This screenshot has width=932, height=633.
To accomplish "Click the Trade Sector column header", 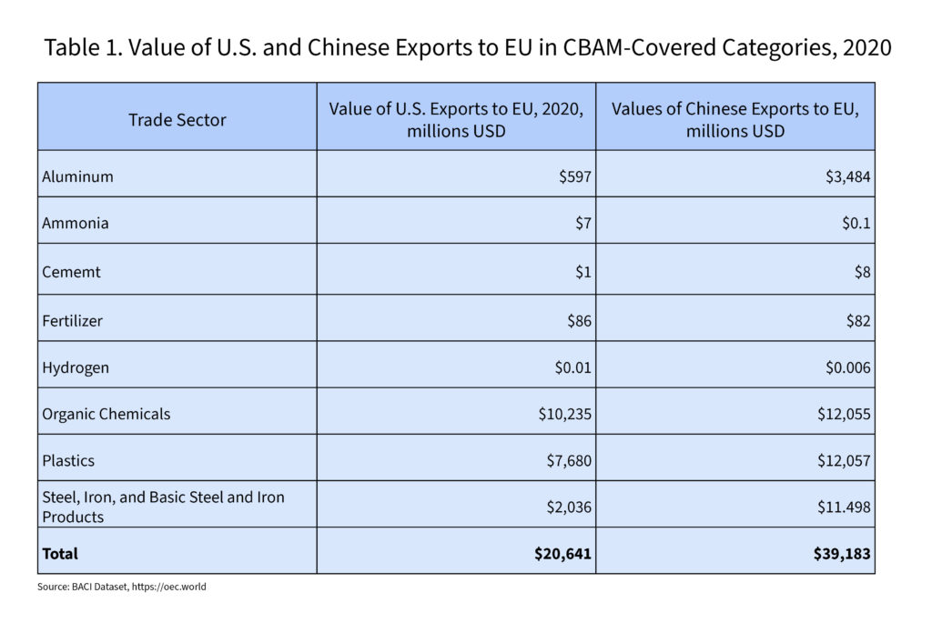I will (x=177, y=119).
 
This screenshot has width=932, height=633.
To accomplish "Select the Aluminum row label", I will (x=78, y=176).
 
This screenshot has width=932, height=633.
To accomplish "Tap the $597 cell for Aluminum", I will (x=575, y=176).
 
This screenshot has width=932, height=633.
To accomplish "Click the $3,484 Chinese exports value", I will (x=846, y=176).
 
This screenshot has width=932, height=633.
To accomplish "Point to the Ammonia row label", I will (x=76, y=223).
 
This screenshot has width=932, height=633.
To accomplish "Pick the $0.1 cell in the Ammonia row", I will (x=856, y=223).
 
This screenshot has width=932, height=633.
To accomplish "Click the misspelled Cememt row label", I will (x=73, y=271).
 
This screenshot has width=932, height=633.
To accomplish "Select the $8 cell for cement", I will (x=863, y=271).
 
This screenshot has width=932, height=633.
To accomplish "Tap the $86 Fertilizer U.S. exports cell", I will (x=580, y=320).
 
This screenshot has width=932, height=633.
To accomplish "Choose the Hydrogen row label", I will (x=76, y=367).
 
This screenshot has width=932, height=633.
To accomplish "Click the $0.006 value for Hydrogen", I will (x=847, y=367).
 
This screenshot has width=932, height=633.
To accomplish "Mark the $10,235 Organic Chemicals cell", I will (x=565, y=414).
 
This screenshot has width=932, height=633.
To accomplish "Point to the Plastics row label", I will (x=68, y=460).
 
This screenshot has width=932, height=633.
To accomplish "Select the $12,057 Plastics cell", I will (x=843, y=460).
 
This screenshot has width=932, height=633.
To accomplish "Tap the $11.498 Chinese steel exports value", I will (x=843, y=507).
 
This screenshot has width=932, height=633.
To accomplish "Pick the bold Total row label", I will (x=60, y=553).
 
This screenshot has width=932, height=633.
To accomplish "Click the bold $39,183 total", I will (x=842, y=553).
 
